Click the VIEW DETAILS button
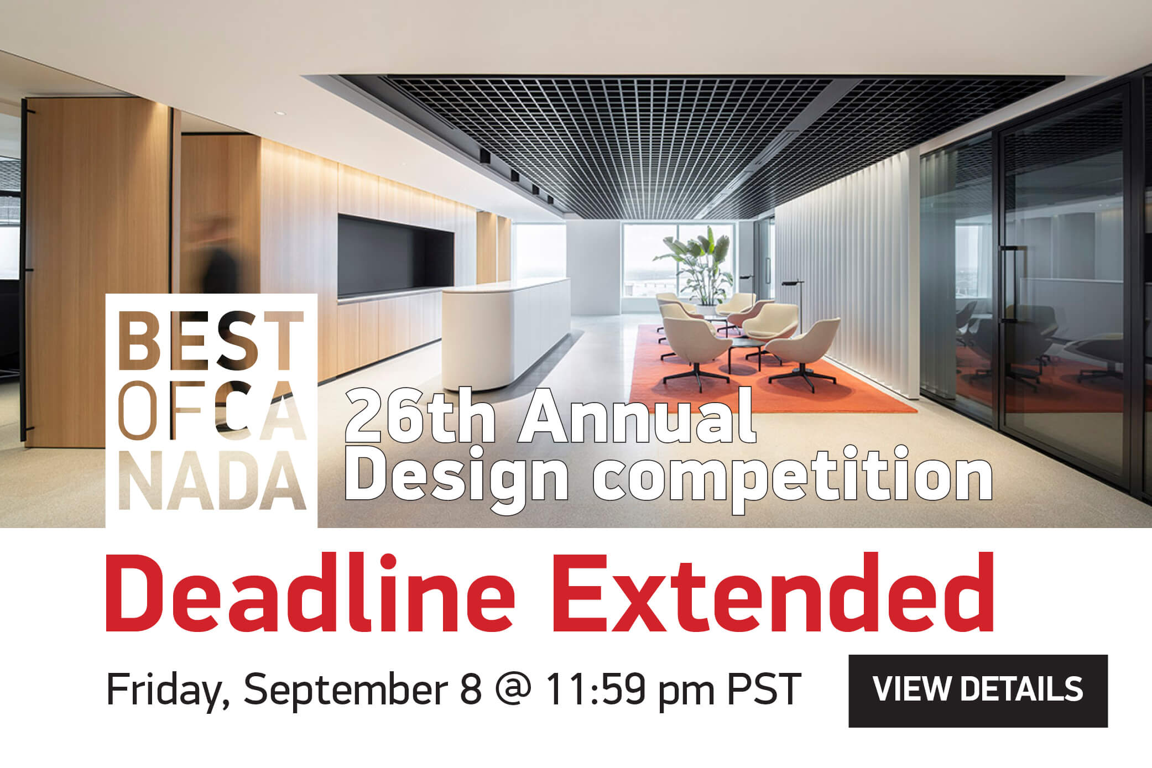click(x=978, y=690)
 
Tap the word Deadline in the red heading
click(x=310, y=594)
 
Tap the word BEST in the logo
click(x=211, y=342)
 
